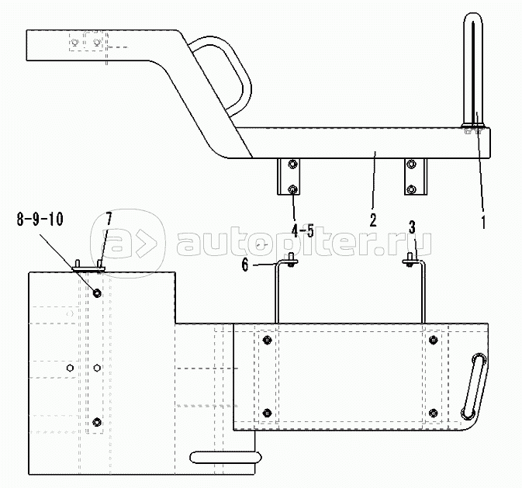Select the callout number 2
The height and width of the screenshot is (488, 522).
[x=373, y=220]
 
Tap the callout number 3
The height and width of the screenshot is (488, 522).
[x=412, y=227]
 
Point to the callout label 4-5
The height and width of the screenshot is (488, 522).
[x=302, y=231]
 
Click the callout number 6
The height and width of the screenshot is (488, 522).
[x=245, y=265]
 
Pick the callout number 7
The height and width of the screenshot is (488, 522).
[x=109, y=219]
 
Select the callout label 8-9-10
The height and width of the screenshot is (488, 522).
[x=40, y=220]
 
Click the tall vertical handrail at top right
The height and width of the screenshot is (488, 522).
[x=473, y=71]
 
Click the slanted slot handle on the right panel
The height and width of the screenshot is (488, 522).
[x=473, y=386]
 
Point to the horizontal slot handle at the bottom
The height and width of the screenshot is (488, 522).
[x=226, y=457]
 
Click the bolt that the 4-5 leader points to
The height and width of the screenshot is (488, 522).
[x=292, y=189]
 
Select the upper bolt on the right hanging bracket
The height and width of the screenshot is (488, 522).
[x=412, y=164]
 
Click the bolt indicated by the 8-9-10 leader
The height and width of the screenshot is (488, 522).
[x=97, y=293]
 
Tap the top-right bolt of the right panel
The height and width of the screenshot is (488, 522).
[x=433, y=340]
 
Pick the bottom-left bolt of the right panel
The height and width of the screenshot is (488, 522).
[x=267, y=413]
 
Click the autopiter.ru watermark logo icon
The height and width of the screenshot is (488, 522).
[x=128, y=244]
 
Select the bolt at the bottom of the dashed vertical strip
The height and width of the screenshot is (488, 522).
[x=97, y=422]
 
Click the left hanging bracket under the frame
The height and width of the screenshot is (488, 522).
[x=289, y=177]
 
